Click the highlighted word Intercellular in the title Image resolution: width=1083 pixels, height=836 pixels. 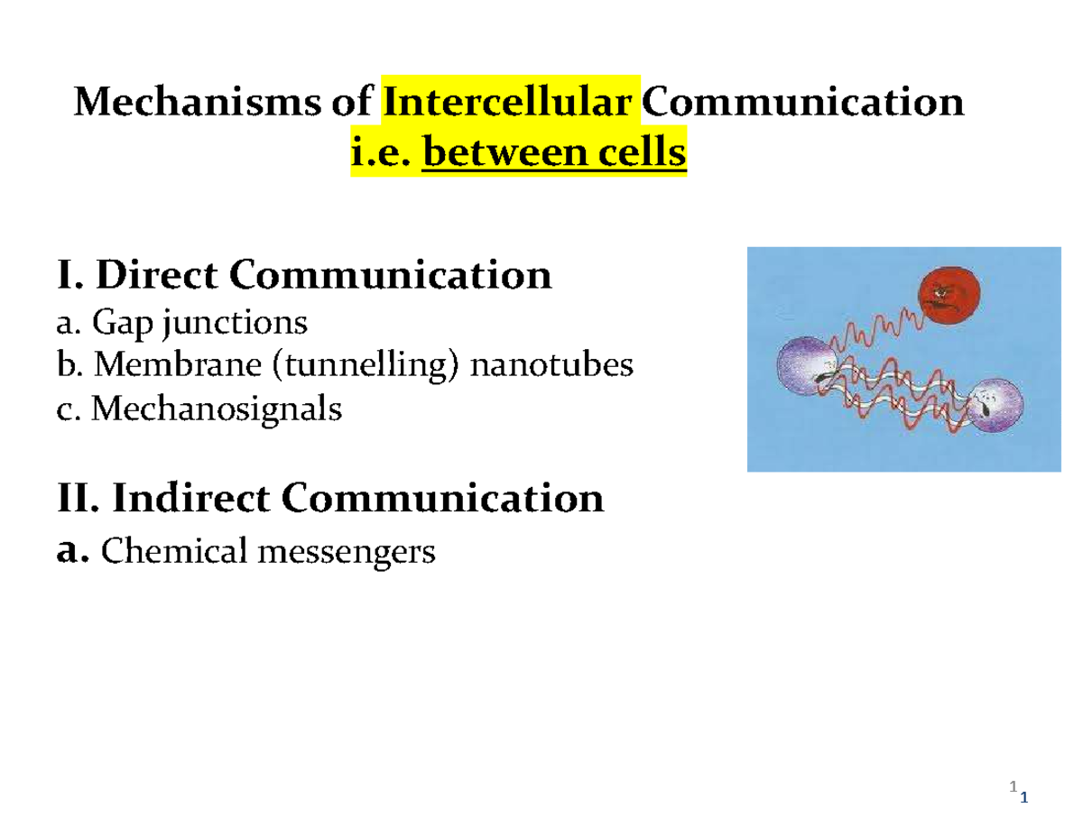(512, 102)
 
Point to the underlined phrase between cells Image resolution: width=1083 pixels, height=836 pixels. (554, 154)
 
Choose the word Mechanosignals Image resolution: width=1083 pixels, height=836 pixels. (217, 410)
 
